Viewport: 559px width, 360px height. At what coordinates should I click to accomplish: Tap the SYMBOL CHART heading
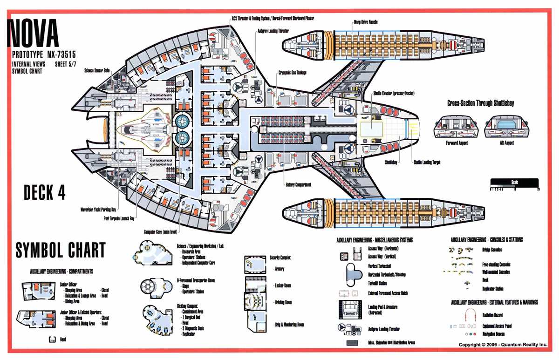[x=61, y=250]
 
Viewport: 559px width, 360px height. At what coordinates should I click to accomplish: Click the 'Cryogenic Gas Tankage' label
[x=293, y=73]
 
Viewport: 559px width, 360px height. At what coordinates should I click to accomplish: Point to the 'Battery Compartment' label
[x=298, y=185]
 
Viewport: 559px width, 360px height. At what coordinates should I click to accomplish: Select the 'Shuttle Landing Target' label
[x=427, y=163]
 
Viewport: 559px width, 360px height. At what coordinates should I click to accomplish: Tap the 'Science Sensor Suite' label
[x=97, y=70]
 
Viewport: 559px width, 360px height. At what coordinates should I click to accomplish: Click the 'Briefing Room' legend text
[x=283, y=302]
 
